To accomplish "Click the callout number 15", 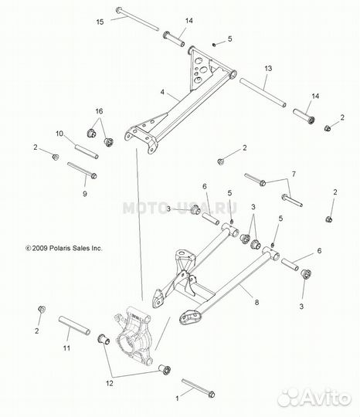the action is click(x=100, y=22).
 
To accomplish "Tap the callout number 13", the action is click(x=268, y=69).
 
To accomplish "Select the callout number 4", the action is click(x=162, y=93).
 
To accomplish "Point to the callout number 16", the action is click(x=99, y=111).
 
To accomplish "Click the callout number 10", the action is click(x=59, y=134).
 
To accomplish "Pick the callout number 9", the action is click(x=85, y=194).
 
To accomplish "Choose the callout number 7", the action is click(x=294, y=175).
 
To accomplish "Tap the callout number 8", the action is click(x=256, y=303).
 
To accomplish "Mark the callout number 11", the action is click(x=66, y=347).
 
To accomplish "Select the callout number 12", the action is click(x=110, y=383).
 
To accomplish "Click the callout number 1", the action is click(x=177, y=398).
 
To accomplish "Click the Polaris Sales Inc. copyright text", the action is click(x=64, y=248).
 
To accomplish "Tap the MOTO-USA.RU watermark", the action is click(x=180, y=208).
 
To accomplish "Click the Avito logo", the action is click(x=314, y=398).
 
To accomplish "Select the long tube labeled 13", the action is click(x=263, y=93).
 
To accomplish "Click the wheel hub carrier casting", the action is click(x=134, y=336).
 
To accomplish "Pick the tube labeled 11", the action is click(x=74, y=325).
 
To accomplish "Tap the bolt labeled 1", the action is click(x=199, y=388).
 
